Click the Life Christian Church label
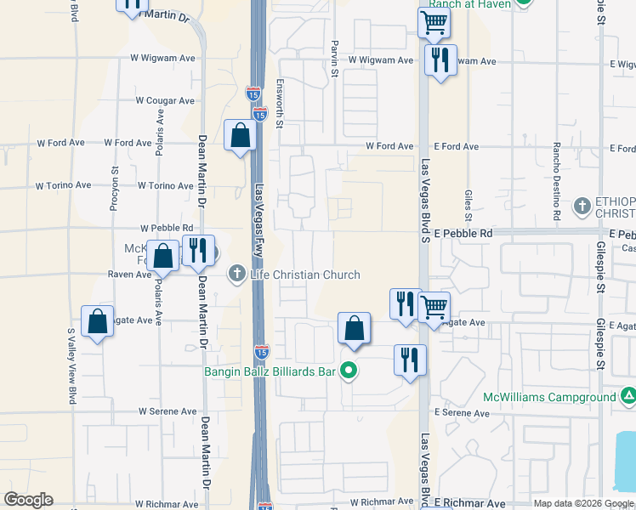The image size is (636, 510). (x=304, y=275)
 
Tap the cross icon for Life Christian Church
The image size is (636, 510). (x=237, y=275)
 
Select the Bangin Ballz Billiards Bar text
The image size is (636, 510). (x=270, y=371)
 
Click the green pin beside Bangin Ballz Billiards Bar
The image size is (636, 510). (x=347, y=371)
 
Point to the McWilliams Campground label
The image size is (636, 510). (x=549, y=397)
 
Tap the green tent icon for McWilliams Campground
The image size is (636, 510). (x=627, y=396)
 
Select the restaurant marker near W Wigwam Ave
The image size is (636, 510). (x=440, y=60)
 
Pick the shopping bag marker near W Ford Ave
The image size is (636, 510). (x=241, y=135)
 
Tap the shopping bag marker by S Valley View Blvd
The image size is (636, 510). (x=98, y=321)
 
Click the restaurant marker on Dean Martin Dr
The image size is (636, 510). (x=197, y=251)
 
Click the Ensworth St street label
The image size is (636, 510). (x=279, y=101)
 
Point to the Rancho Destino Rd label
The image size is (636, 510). (x=556, y=182)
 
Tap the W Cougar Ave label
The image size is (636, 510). (x=165, y=100)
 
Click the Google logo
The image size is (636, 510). (x=29, y=500)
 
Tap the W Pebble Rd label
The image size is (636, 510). (x=167, y=229)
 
